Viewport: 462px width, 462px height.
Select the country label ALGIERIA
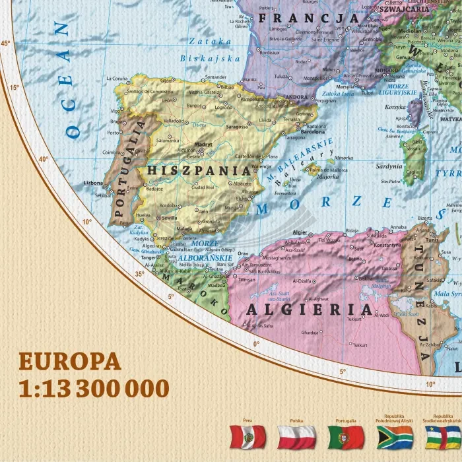tap(309, 310)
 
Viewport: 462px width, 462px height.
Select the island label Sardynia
tap(389, 166)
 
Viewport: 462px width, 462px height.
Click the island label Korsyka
tap(395, 106)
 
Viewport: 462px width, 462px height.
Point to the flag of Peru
tap(247, 437)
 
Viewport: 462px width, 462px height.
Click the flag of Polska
tap(296, 437)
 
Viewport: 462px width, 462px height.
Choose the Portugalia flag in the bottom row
tap(346, 437)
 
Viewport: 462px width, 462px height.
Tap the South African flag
tap(395, 437)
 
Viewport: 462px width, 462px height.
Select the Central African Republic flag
tap(443, 437)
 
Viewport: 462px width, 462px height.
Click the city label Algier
tap(300, 233)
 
